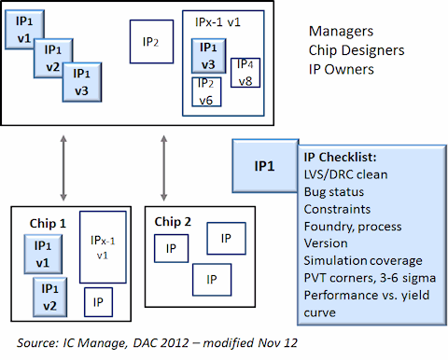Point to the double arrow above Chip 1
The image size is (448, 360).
pyautogui.click(x=63, y=168)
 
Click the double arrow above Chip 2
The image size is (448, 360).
pyautogui.click(x=164, y=168)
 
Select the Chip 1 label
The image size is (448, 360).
pyautogui.click(x=48, y=223)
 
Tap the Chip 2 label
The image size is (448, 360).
pyautogui.click(x=173, y=222)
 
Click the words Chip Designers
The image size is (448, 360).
pyautogui.click(x=357, y=50)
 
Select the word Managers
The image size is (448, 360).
pyautogui.click(x=341, y=31)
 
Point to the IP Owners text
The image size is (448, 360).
pyautogui.click(x=342, y=70)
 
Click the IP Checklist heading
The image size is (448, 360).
pyautogui.click(x=340, y=158)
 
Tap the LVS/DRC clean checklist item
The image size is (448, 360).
pyautogui.click(x=345, y=174)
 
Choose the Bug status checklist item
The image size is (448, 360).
pyautogui.click(x=334, y=192)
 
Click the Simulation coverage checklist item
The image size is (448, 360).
pyautogui.click(x=363, y=260)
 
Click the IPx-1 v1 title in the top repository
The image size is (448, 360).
pyautogui.click(x=217, y=22)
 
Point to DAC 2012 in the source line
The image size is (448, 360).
pyautogui.click(x=161, y=343)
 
